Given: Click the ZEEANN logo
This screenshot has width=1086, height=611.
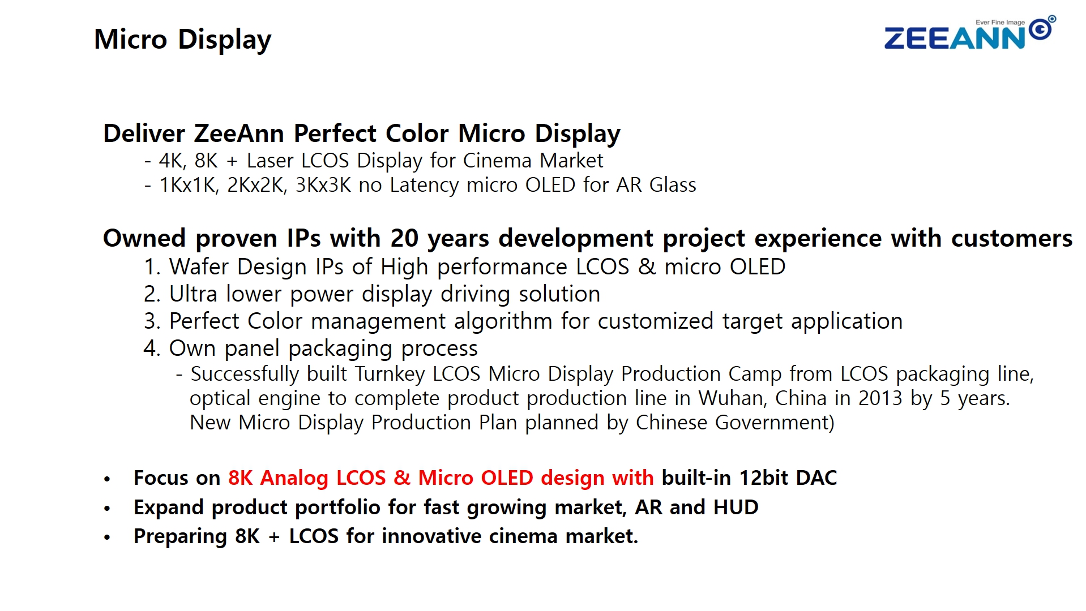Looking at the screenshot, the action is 969,34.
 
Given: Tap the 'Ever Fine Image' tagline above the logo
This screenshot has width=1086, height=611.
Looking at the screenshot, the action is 1000,23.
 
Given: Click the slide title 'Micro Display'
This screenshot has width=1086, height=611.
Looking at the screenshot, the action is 182,40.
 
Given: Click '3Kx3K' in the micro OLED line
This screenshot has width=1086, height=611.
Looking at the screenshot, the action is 323,185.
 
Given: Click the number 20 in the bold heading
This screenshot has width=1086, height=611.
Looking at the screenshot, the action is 404,238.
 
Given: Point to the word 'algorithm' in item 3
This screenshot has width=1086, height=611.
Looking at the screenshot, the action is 503,321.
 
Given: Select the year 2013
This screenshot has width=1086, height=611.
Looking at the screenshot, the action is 880,398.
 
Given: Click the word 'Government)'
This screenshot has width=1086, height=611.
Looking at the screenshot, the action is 775,423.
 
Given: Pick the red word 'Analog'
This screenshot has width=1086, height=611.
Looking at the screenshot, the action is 294,478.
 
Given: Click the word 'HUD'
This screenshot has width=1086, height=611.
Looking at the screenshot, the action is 736,507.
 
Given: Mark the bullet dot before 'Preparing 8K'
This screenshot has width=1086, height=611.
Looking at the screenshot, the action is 107,537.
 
